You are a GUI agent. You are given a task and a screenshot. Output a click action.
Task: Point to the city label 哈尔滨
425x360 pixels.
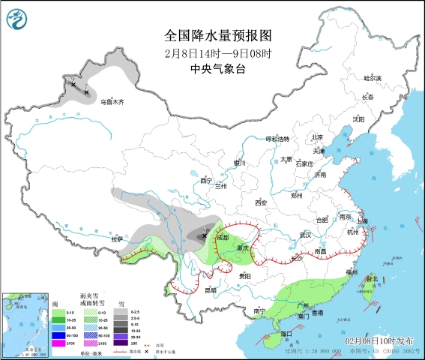(x=373, y=78)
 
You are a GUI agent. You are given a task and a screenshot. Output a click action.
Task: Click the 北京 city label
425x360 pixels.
(x=317, y=137)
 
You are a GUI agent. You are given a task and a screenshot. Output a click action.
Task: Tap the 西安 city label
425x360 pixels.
(x=260, y=202)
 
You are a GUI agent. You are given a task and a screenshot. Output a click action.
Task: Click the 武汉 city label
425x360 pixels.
(x=304, y=235)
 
